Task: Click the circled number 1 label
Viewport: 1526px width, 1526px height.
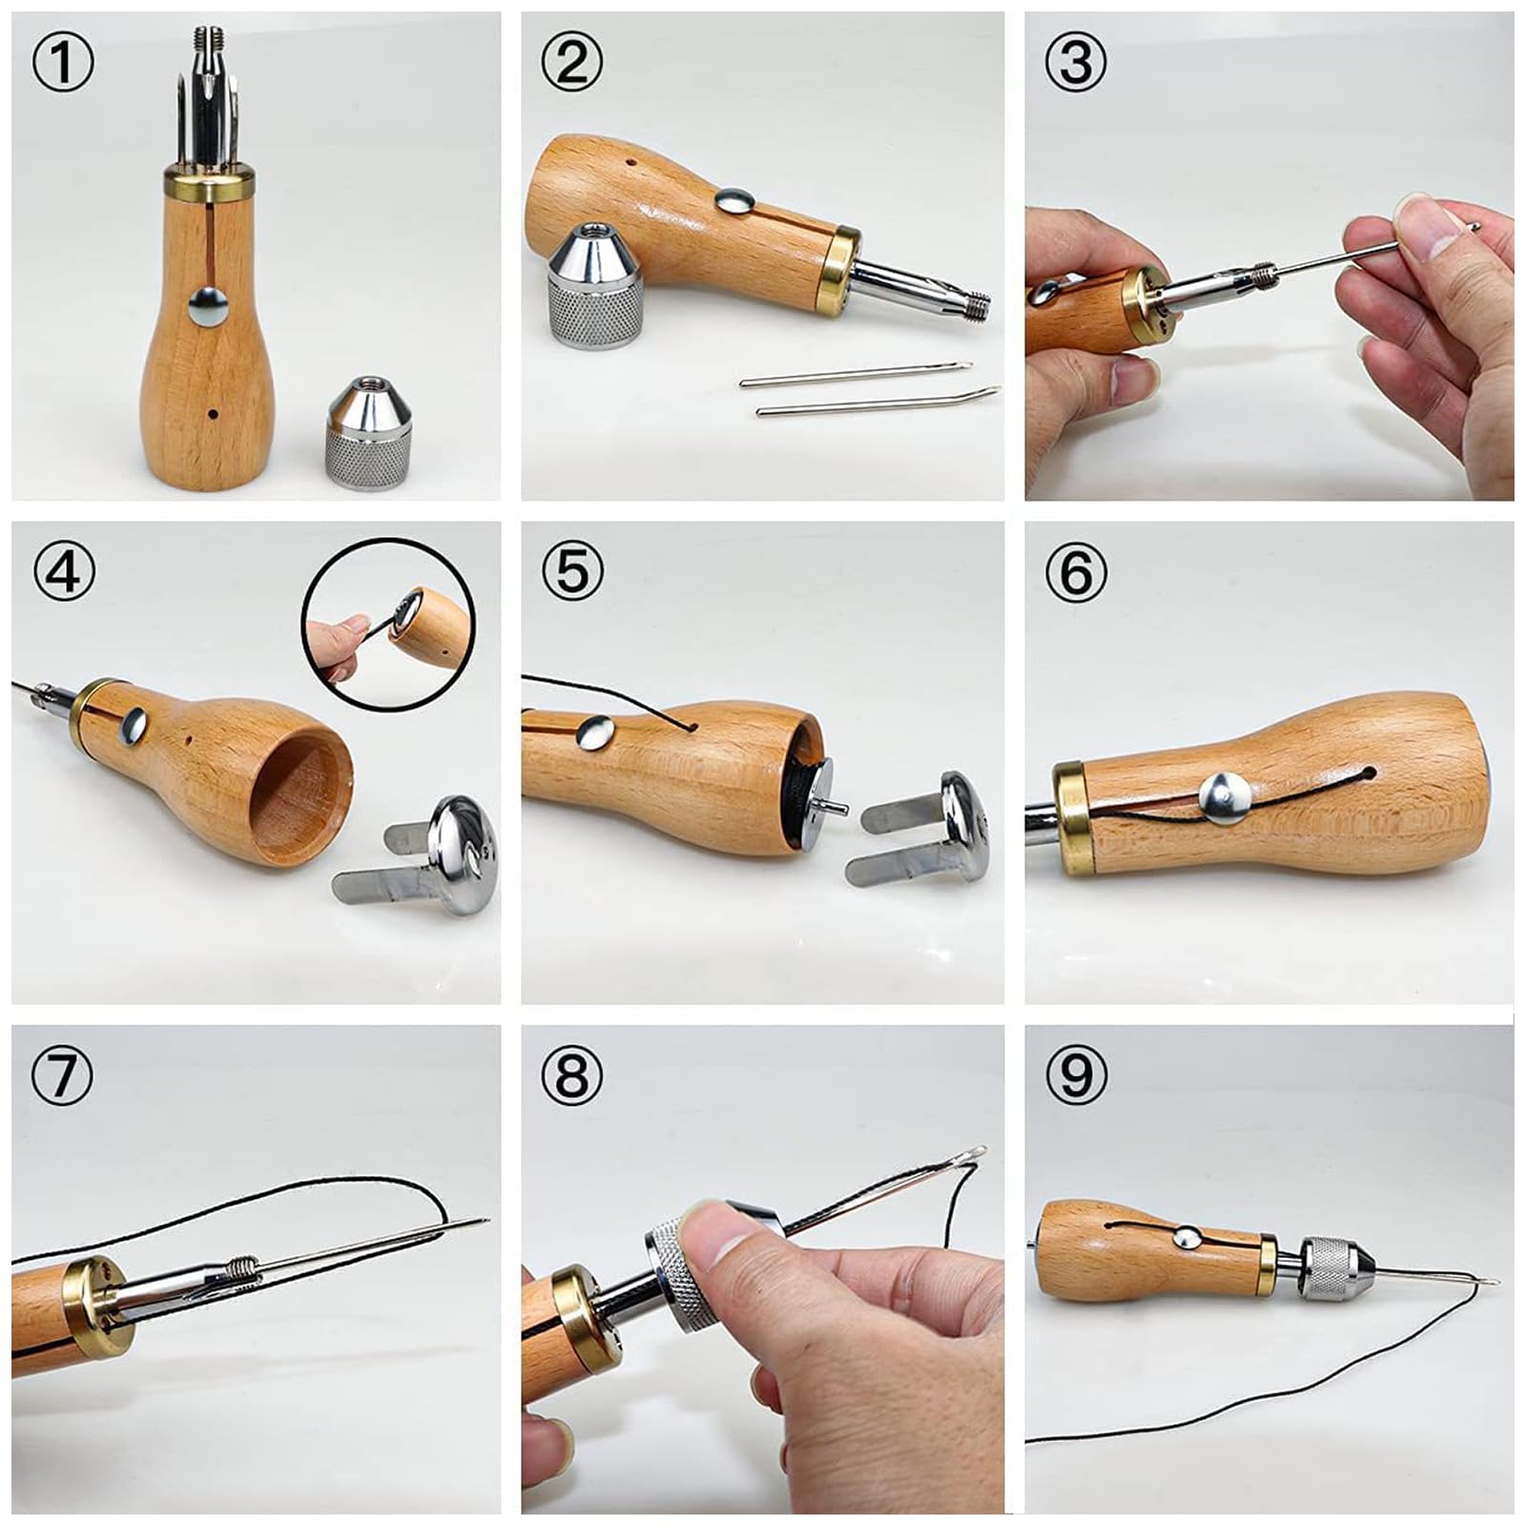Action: tap(63, 63)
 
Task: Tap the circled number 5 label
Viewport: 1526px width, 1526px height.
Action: tap(571, 572)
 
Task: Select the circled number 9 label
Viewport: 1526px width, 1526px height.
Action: tap(1076, 1076)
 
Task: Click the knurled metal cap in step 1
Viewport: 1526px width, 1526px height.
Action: tap(369, 434)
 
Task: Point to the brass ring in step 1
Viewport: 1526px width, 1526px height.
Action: tap(209, 183)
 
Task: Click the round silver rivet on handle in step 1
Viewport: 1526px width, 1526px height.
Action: tap(209, 306)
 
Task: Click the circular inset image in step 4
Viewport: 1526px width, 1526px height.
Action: tap(388, 625)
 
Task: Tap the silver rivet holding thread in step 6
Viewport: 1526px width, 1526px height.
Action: tap(1225, 797)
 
